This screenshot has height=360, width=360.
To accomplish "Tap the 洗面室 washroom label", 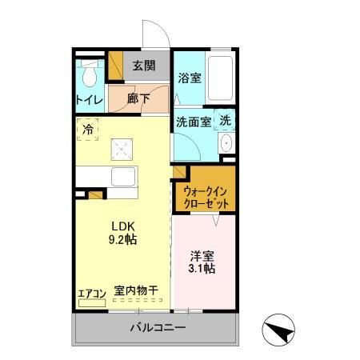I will (x=193, y=122).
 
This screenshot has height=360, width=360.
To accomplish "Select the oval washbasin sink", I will (x=226, y=144).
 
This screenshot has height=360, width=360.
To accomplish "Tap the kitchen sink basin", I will (x=124, y=177).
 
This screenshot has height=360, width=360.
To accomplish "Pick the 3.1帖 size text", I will (x=202, y=270).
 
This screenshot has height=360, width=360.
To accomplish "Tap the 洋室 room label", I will (x=202, y=256).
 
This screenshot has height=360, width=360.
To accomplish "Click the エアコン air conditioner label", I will (x=90, y=293).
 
